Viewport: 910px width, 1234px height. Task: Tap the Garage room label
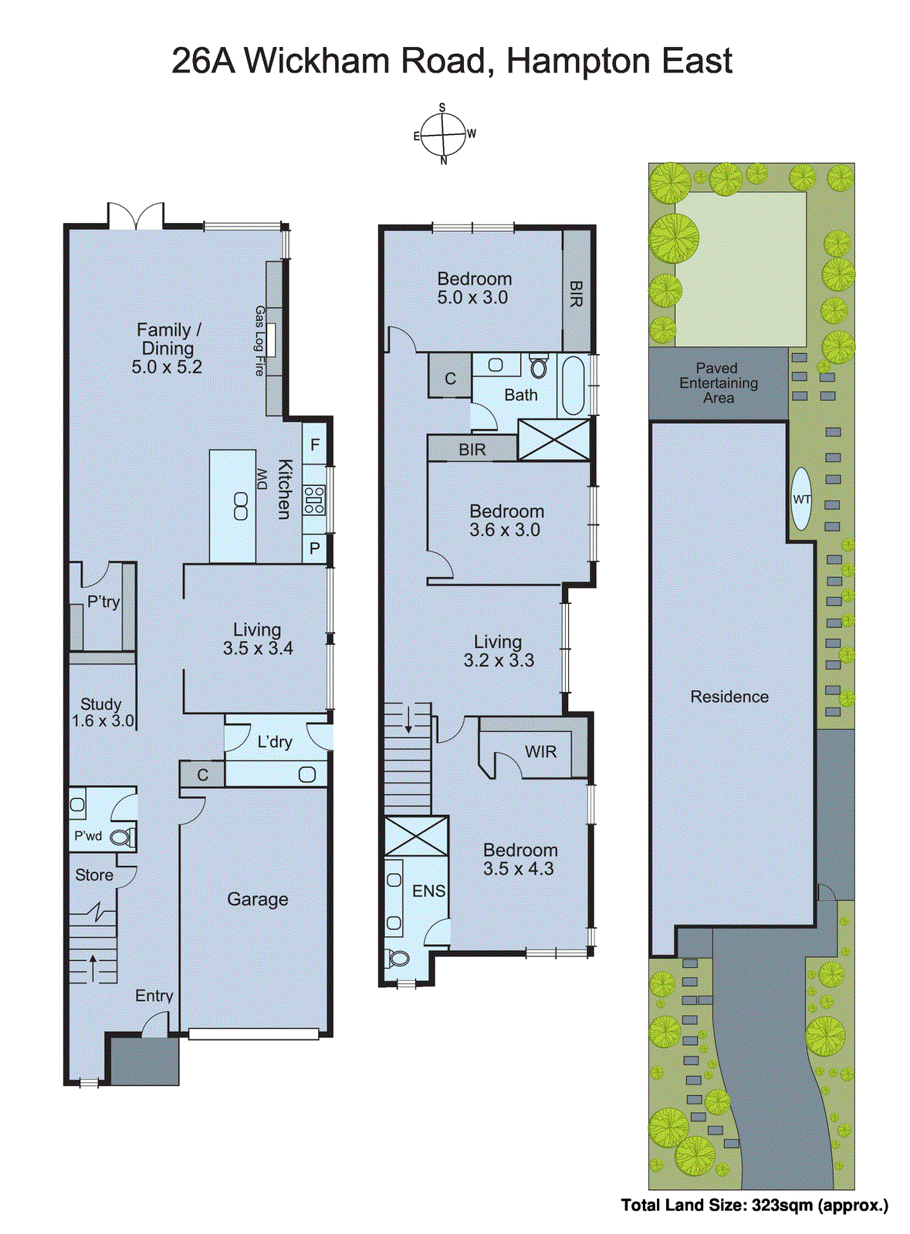(257, 899)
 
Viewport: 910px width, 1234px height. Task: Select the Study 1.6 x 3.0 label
(102, 713)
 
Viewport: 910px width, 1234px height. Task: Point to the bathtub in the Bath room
(573, 386)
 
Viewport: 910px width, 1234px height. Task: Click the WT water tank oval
(802, 499)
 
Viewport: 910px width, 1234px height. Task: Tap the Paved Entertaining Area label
(718, 383)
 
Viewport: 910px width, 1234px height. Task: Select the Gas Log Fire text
(260, 341)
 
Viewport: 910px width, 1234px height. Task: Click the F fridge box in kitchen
(315, 445)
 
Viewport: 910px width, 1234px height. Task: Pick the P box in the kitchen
(315, 549)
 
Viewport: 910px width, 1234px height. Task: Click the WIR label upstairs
(540, 752)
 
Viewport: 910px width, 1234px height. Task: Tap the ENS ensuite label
(428, 892)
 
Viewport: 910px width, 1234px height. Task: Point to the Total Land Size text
(754, 1205)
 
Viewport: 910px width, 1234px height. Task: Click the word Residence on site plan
(729, 697)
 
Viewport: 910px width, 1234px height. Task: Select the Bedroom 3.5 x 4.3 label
(519, 859)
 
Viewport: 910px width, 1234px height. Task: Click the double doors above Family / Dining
(136, 217)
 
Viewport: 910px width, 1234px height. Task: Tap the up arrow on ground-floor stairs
(93, 967)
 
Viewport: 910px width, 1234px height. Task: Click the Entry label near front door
(154, 996)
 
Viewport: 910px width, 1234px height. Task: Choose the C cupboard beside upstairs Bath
(450, 379)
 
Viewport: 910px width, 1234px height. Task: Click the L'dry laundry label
(275, 742)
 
